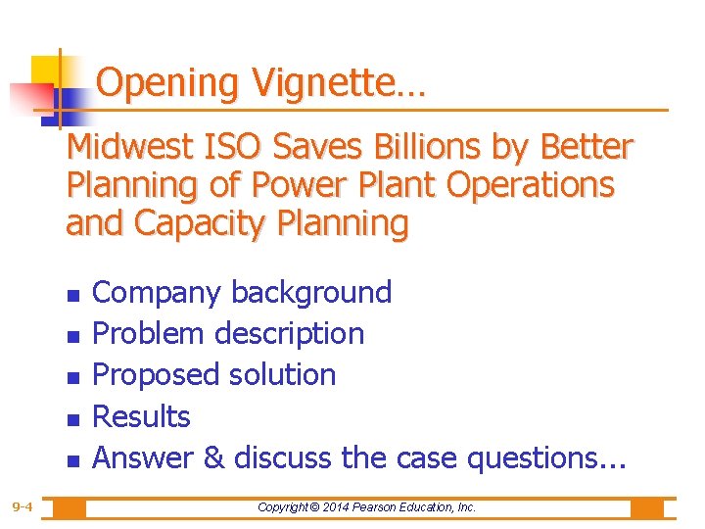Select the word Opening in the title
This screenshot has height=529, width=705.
167,84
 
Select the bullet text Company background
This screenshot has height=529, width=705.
242,293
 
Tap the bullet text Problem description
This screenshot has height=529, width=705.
228,334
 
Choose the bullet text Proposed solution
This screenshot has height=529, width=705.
213,375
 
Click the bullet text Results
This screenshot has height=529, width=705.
141,417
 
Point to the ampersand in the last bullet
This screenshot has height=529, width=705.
213,457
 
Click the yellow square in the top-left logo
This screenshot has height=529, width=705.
46,71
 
